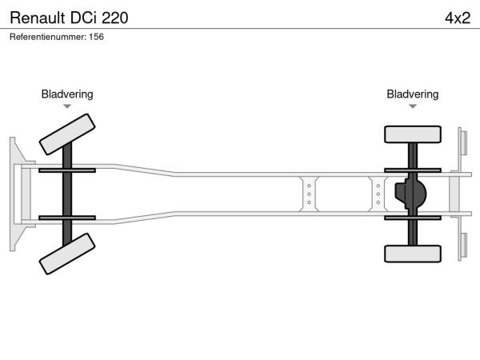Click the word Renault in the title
[38, 18]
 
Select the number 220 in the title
[114, 18]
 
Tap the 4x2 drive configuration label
[458, 18]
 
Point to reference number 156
[97, 37]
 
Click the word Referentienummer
[48, 37]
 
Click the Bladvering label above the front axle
[67, 94]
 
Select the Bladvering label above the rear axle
[412, 94]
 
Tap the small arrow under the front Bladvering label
[67, 106]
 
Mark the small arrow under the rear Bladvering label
[413, 106]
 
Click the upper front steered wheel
[67, 134]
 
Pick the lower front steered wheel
[67, 254]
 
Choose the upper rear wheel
[413, 134]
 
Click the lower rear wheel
[413, 254]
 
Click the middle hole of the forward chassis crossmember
[309, 194]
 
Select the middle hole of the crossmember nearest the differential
[378, 194]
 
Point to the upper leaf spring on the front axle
[67, 170]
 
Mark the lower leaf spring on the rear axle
[413, 218]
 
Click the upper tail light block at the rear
[464, 143]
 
